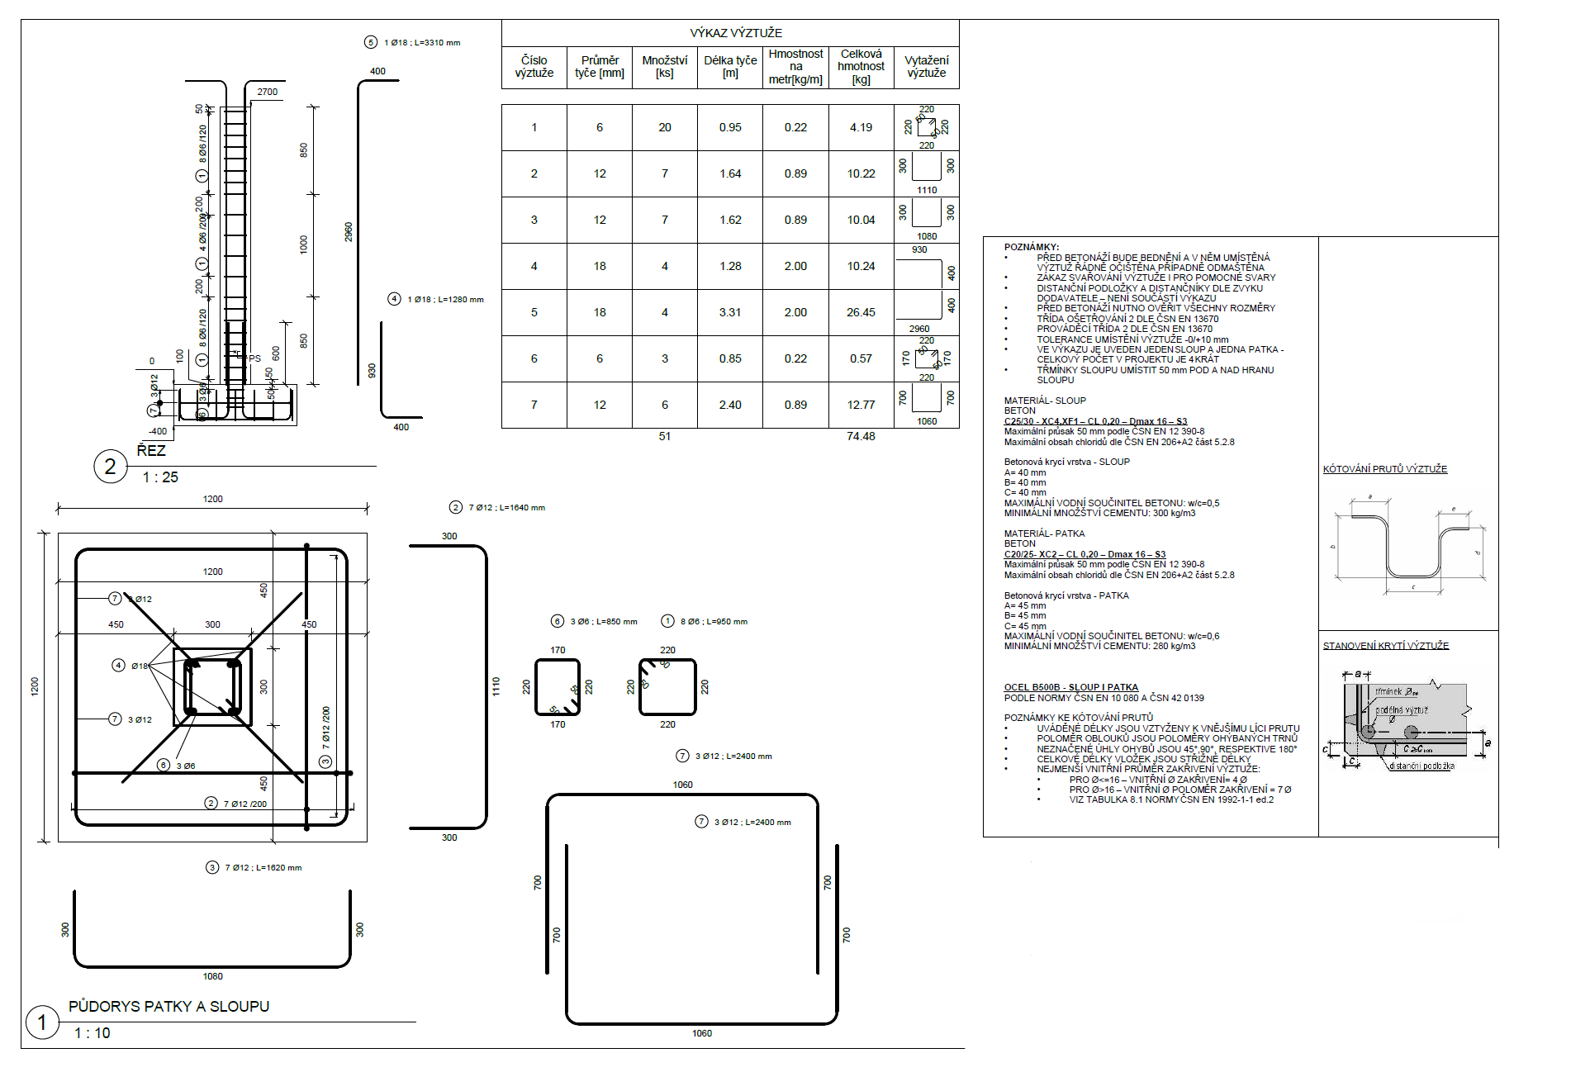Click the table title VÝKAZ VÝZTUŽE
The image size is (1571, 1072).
tap(735, 33)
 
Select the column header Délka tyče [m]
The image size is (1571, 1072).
tap(730, 67)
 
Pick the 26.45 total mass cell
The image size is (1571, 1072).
tap(861, 312)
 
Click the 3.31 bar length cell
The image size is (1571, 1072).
tap(730, 312)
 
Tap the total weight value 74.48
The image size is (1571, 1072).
tap(861, 436)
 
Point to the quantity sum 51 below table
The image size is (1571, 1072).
tap(665, 436)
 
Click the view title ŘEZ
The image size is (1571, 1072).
tap(151, 451)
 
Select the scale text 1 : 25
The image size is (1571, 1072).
tap(160, 477)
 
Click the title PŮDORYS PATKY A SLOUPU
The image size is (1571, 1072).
tap(168, 1006)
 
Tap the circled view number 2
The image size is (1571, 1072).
tap(110, 467)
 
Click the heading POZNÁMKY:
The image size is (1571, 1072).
tap(1031, 247)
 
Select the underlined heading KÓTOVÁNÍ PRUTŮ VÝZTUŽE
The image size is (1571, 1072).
tap(1385, 469)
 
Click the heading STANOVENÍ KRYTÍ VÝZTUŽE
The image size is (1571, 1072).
tap(1386, 646)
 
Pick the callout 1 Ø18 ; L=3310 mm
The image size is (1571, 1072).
tap(422, 43)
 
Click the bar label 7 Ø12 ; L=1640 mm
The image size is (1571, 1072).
tap(506, 508)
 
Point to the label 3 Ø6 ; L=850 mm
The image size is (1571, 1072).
tap(603, 622)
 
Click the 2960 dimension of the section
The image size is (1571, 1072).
tap(349, 232)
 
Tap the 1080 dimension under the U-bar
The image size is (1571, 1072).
tap(212, 976)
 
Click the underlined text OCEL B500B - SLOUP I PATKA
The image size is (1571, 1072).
tap(1070, 687)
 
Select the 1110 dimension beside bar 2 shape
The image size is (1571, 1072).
tap(496, 686)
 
